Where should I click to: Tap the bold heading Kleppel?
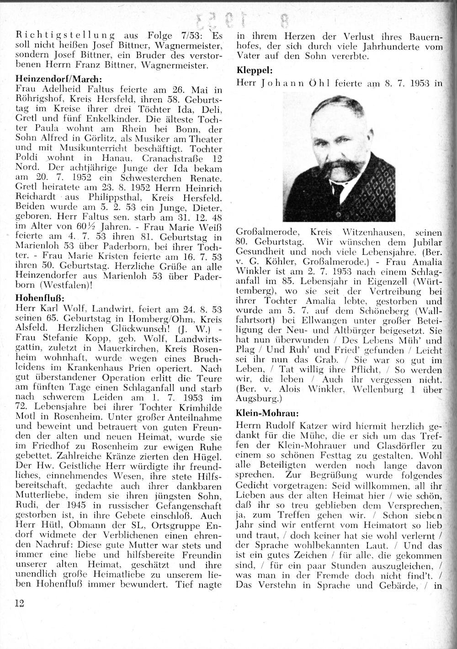tap(255, 70)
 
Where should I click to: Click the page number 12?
tap(19, 603)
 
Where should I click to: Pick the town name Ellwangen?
tap(290, 321)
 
